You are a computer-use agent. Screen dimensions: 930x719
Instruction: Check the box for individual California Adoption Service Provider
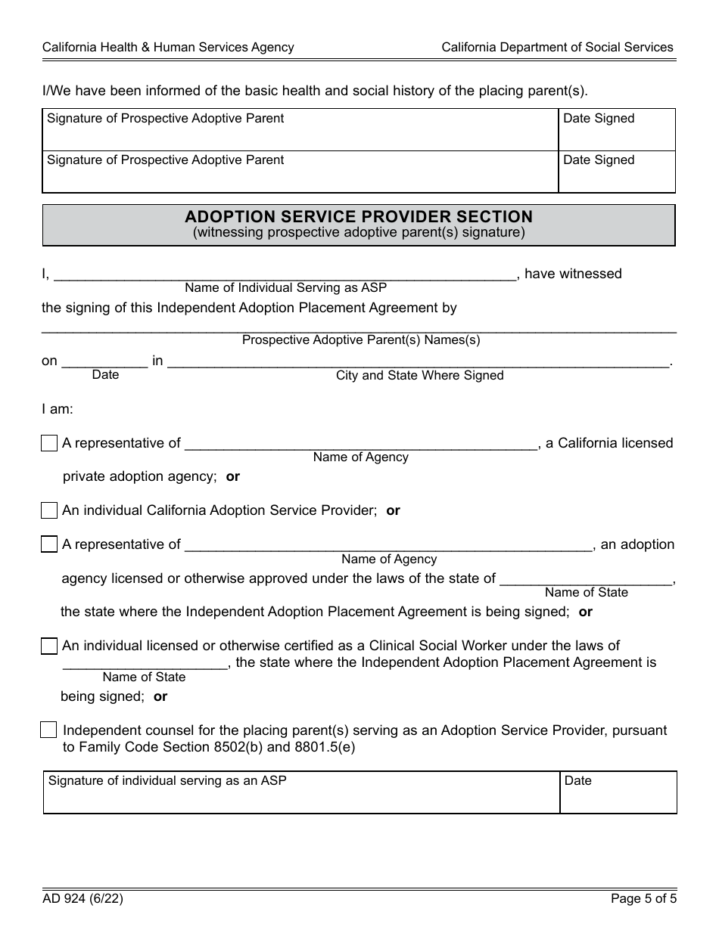(49, 511)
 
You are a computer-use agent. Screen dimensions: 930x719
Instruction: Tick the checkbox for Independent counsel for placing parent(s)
(48, 730)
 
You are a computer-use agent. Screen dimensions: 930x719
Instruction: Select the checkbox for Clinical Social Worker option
(49, 646)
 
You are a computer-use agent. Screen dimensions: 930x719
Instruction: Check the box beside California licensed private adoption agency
(49, 444)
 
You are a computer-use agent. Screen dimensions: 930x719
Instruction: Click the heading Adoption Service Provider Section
(359, 216)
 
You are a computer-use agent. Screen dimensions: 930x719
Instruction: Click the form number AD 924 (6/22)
(82, 899)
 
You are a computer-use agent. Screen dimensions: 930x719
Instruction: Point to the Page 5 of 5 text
(643, 899)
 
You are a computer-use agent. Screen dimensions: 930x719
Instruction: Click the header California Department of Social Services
(557, 47)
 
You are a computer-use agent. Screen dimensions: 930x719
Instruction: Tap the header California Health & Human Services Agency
(168, 47)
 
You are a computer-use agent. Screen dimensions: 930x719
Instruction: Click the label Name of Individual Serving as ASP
(285, 288)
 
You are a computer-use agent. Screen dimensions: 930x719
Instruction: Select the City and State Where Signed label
(419, 376)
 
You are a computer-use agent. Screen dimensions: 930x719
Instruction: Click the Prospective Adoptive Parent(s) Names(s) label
(361, 340)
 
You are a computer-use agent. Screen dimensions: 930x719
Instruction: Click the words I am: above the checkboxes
(58, 409)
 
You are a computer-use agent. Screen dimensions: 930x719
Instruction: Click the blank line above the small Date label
(104, 361)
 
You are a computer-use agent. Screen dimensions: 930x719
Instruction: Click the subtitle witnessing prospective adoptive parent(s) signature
(359, 233)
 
